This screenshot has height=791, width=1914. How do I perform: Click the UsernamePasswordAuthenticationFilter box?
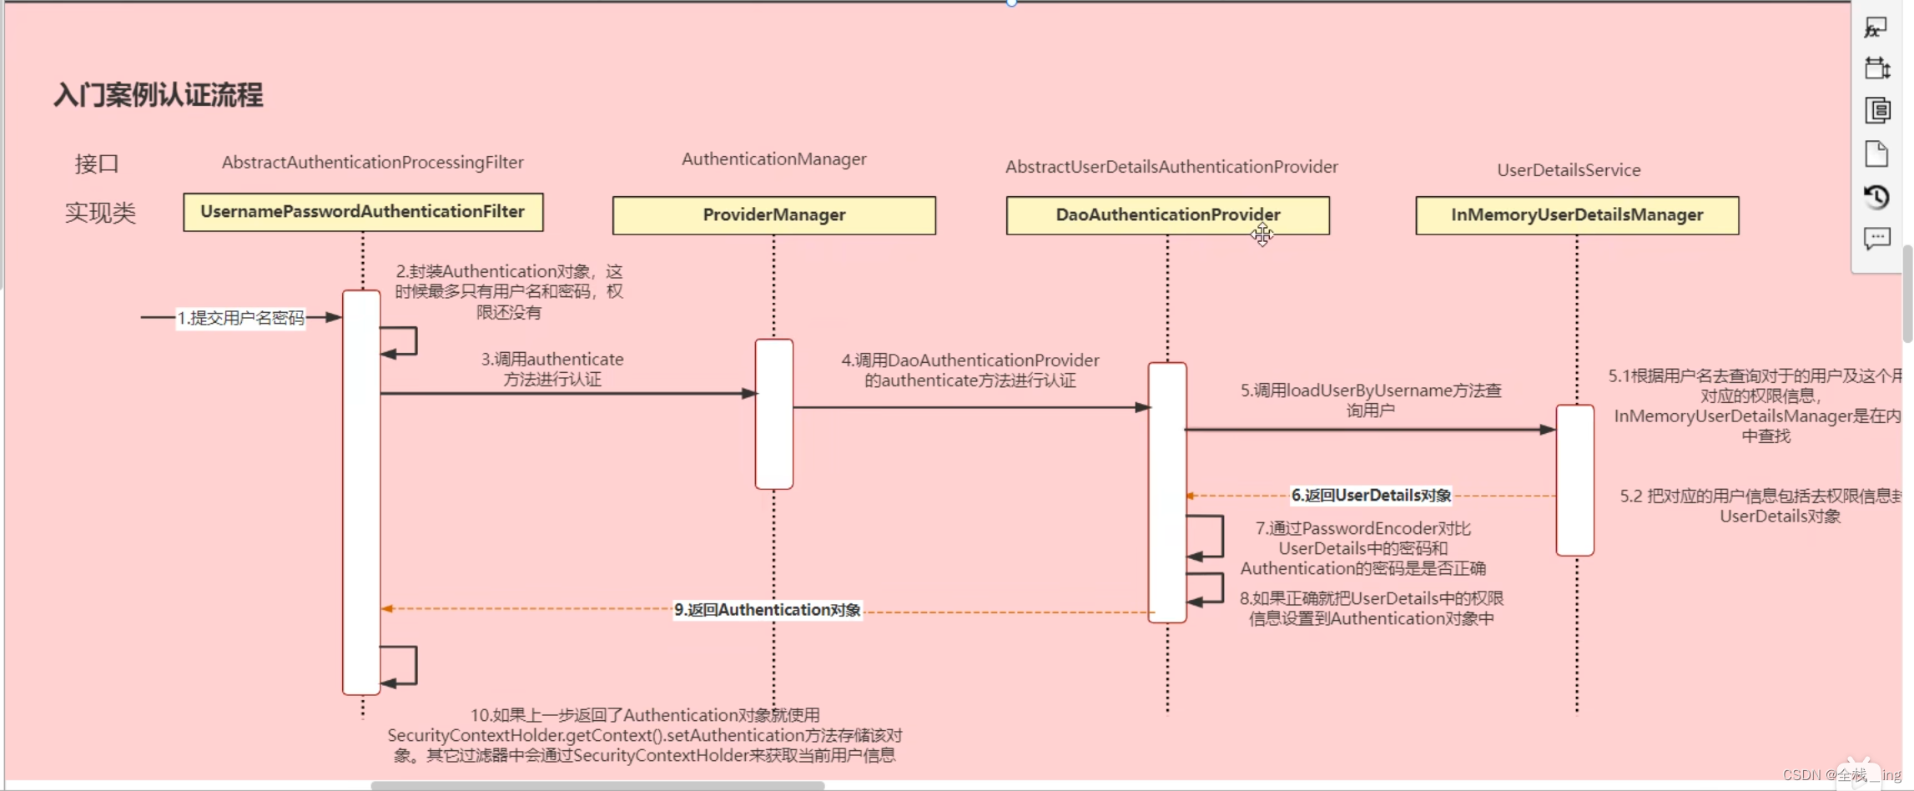pyautogui.click(x=363, y=212)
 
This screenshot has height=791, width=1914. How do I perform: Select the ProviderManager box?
pyautogui.click(x=773, y=215)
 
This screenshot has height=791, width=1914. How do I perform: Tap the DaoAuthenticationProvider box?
pyautogui.click(x=1167, y=215)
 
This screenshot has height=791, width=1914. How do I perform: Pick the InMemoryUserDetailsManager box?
pyautogui.click(x=1576, y=215)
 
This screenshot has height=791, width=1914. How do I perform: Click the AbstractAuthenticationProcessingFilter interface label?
pyautogui.click(x=372, y=163)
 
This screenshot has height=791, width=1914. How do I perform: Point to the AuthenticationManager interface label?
pyautogui.click(x=773, y=159)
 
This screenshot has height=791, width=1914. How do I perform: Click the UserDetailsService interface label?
pyautogui.click(x=1568, y=170)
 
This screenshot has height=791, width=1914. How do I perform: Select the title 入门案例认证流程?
pyautogui.click(x=159, y=95)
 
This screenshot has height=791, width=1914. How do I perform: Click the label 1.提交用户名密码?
pyautogui.click(x=240, y=318)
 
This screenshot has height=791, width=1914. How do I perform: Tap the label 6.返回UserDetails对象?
pyautogui.click(x=1371, y=496)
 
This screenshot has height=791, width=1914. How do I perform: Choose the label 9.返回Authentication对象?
pyautogui.click(x=767, y=610)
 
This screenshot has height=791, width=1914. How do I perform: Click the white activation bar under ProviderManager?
pyautogui.click(x=773, y=414)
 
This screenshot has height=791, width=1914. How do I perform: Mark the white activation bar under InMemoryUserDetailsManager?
pyautogui.click(x=1574, y=480)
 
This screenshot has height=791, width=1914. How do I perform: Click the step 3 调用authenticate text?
pyautogui.click(x=552, y=369)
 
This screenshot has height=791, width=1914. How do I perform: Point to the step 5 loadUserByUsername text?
pyautogui.click(x=1370, y=400)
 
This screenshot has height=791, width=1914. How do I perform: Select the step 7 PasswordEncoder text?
pyautogui.click(x=1362, y=548)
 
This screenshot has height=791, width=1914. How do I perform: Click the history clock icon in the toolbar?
pyautogui.click(x=1876, y=198)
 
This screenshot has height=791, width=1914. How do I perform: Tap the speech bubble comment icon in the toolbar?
pyautogui.click(x=1876, y=239)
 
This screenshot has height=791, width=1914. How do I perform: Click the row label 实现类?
pyautogui.click(x=100, y=213)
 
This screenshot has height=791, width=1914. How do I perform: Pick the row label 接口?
pyautogui.click(x=97, y=164)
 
